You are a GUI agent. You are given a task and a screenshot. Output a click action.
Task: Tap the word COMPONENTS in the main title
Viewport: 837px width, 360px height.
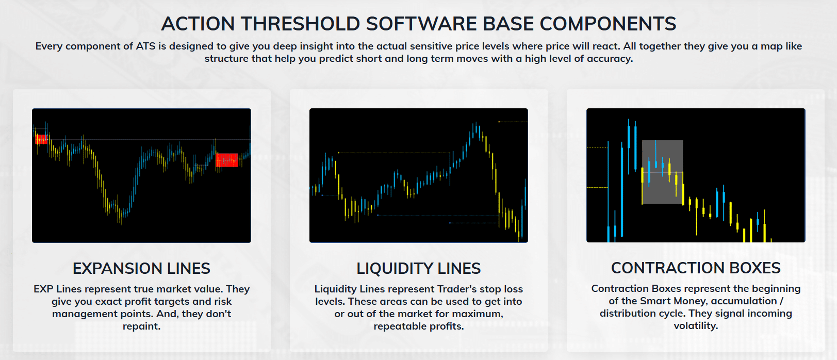(x=608, y=24)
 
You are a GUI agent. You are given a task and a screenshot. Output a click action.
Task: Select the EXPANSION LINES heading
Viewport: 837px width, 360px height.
(x=142, y=268)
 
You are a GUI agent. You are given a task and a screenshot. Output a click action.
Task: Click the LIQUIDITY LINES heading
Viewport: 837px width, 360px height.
(x=419, y=268)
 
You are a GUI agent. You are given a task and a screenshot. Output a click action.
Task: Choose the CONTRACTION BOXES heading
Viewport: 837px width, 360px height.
(x=696, y=268)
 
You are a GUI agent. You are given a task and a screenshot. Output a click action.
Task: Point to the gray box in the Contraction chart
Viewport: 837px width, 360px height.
(x=663, y=172)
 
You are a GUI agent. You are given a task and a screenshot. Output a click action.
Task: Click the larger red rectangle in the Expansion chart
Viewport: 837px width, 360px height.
(x=227, y=160)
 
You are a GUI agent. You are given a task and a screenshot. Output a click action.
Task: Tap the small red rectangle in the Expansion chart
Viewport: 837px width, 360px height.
(x=41, y=139)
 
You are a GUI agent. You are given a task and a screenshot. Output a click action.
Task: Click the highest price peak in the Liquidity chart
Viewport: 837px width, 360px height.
(x=476, y=123)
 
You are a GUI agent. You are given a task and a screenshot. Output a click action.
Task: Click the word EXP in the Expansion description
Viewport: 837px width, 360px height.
(x=44, y=289)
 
